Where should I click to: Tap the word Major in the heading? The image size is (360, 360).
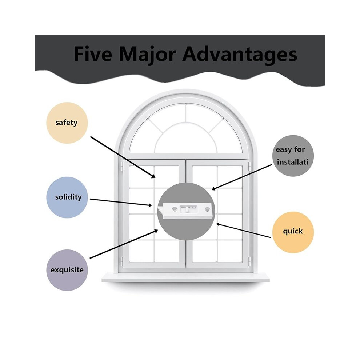(x=147, y=55)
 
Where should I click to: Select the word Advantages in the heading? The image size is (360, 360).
(x=240, y=55)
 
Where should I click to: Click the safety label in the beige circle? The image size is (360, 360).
(x=66, y=123)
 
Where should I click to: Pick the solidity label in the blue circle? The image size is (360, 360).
(x=68, y=197)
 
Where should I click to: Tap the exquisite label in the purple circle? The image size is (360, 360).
(x=67, y=270)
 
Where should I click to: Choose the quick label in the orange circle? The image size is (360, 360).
(x=293, y=231)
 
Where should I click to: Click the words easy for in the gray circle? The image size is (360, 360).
(x=290, y=149)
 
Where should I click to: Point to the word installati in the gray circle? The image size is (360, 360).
(x=292, y=162)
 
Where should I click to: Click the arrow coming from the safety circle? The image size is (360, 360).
(x=123, y=157)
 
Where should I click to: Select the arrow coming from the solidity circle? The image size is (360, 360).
(x=121, y=202)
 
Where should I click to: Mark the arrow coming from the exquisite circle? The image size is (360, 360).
(x=124, y=244)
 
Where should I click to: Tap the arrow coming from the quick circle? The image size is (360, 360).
(x=244, y=231)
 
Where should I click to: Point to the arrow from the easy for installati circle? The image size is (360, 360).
(x=242, y=177)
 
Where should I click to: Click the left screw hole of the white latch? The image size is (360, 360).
(x=175, y=209)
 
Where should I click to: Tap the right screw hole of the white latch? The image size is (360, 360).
(x=207, y=209)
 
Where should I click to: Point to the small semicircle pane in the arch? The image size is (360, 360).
(x=186, y=139)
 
